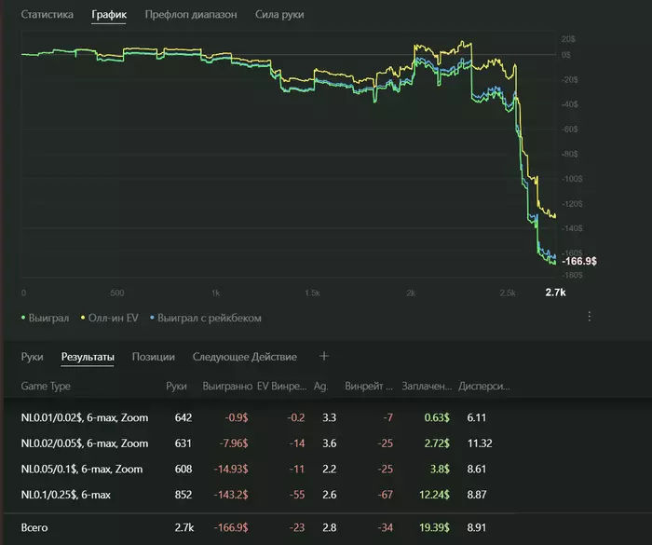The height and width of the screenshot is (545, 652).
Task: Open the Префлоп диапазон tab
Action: point(191,15)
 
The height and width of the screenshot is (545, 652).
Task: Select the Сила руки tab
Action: point(279,15)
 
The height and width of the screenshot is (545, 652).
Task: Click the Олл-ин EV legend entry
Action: point(115,318)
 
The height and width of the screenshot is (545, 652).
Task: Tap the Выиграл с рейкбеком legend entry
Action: point(210,318)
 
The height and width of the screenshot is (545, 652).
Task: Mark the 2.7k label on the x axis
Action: point(555,293)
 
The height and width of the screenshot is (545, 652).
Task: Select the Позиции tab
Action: point(153,357)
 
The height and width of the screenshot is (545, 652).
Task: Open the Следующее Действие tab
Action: point(245,357)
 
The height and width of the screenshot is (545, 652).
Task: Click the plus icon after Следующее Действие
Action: point(324,356)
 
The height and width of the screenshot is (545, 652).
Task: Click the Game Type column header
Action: point(46,386)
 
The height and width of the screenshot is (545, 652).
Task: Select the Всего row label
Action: point(34,528)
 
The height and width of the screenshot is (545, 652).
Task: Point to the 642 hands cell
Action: point(183,417)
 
